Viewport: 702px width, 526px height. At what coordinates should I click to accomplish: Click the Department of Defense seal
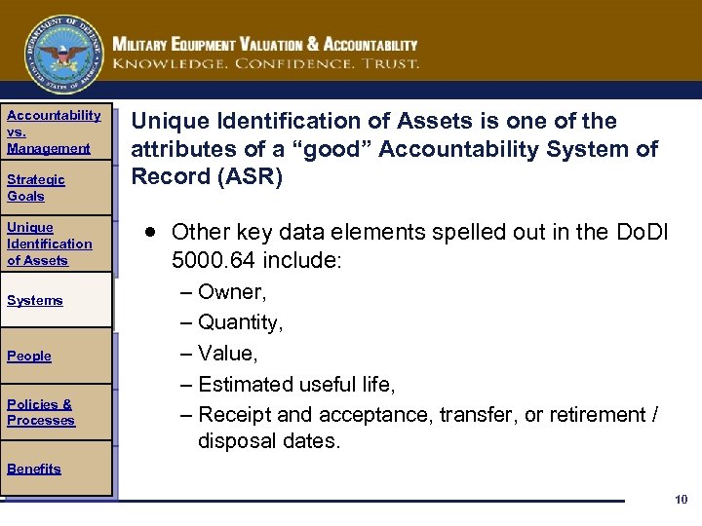click(x=65, y=55)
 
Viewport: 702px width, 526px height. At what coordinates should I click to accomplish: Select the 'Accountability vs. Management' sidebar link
click(x=53, y=131)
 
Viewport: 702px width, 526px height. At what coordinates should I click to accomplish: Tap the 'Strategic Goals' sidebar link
click(x=36, y=187)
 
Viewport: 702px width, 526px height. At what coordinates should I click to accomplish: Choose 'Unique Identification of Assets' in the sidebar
click(x=49, y=244)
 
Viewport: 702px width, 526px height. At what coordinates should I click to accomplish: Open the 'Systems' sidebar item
click(x=34, y=300)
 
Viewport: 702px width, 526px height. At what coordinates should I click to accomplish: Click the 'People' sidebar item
click(x=29, y=356)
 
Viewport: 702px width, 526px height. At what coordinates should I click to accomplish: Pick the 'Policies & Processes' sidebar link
click(x=40, y=412)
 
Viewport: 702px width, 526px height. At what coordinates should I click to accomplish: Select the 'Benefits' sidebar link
click(x=34, y=469)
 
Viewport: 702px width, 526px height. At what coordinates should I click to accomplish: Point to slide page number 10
click(x=681, y=500)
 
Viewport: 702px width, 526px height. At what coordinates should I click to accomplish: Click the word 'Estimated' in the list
click(x=245, y=385)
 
